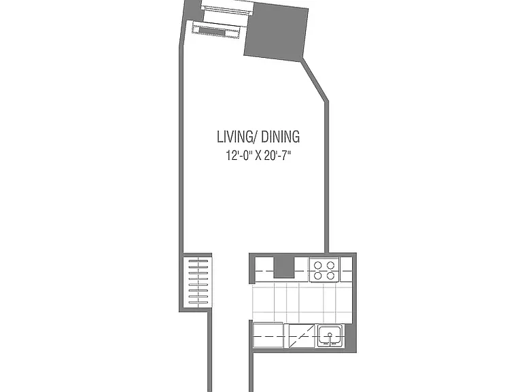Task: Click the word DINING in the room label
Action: coord(280,137)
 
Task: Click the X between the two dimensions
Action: coord(258,156)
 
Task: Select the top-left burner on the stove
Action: coord(318,265)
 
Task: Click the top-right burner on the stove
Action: coord(330,265)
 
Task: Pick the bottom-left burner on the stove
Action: coord(318,276)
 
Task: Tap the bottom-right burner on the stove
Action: coord(330,276)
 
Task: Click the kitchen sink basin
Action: coord(329,336)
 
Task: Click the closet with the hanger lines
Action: coord(198,282)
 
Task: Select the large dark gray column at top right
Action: coord(277,33)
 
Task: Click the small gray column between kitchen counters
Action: coord(284,267)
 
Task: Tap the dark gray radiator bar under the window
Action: coord(212,32)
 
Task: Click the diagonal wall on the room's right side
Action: coord(315,80)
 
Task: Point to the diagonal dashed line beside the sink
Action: coord(302,336)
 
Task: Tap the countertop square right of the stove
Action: coord(346,269)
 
